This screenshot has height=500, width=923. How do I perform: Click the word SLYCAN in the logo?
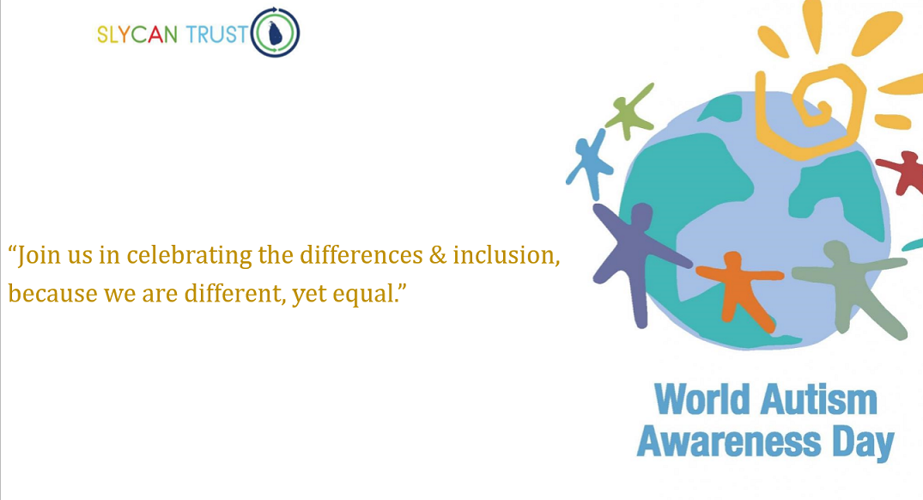click(x=137, y=34)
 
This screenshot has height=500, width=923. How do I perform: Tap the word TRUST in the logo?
click(x=216, y=34)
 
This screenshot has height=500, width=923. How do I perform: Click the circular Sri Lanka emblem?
click(x=275, y=33)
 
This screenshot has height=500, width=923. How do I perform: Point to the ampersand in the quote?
click(x=438, y=255)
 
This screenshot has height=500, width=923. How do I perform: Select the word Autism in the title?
click(x=819, y=399)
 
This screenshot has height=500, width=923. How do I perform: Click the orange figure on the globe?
click(x=738, y=284)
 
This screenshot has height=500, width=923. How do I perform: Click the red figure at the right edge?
click(x=903, y=170)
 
